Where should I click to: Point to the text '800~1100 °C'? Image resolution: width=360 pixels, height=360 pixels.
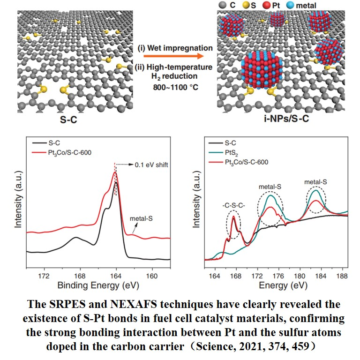174,87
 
